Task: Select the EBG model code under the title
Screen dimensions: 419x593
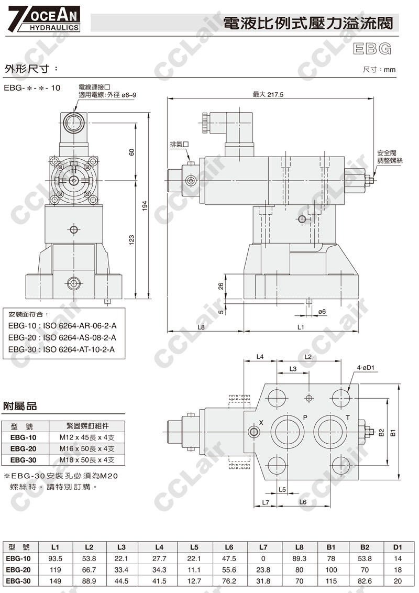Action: [372, 48]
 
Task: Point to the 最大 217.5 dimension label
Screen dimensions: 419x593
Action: [268, 94]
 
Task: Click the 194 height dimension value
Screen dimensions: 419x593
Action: [145, 206]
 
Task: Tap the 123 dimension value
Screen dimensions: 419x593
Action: [131, 240]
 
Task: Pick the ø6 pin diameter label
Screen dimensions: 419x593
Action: [322, 312]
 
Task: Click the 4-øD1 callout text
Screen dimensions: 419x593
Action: [366, 368]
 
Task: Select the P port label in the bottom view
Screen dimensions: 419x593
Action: [305, 418]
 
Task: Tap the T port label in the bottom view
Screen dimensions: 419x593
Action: [348, 418]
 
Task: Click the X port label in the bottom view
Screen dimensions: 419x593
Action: [261, 422]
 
